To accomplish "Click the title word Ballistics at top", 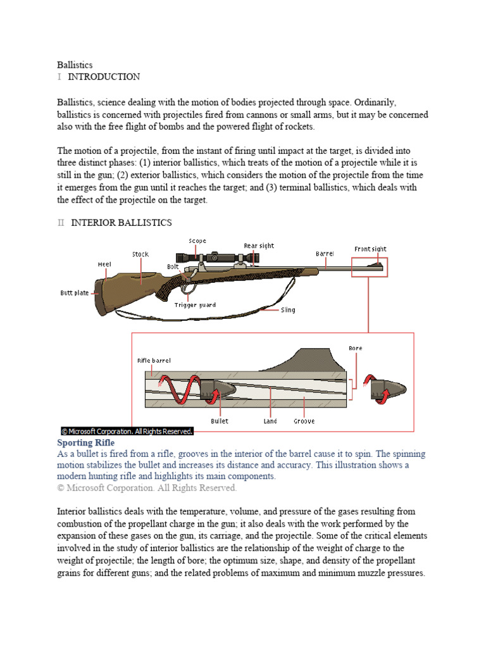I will (75, 65).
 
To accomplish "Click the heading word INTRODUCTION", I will (104, 77).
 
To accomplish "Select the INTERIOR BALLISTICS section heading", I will (121, 223).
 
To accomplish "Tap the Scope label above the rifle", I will (197, 240).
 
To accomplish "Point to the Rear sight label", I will (259, 246).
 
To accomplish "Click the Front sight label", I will (370, 249).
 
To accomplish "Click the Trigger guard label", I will (195, 305).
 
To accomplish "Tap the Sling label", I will (288, 310).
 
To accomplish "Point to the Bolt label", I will (173, 267).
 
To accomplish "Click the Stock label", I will (140, 254).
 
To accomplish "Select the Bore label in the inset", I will (356, 348).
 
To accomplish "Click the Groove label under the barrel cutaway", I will (304, 421).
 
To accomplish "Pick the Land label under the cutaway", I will (270, 421).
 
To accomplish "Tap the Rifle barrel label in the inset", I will (154, 361).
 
